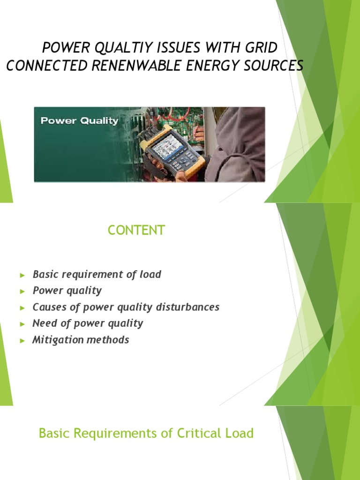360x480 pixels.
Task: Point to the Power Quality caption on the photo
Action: [x=79, y=120]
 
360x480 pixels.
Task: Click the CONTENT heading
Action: [x=136, y=230]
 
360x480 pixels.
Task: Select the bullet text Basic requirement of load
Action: [x=97, y=275]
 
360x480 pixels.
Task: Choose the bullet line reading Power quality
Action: [x=67, y=291]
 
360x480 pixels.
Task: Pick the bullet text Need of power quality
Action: [x=88, y=323]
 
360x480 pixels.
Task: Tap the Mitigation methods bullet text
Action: [x=81, y=340]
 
